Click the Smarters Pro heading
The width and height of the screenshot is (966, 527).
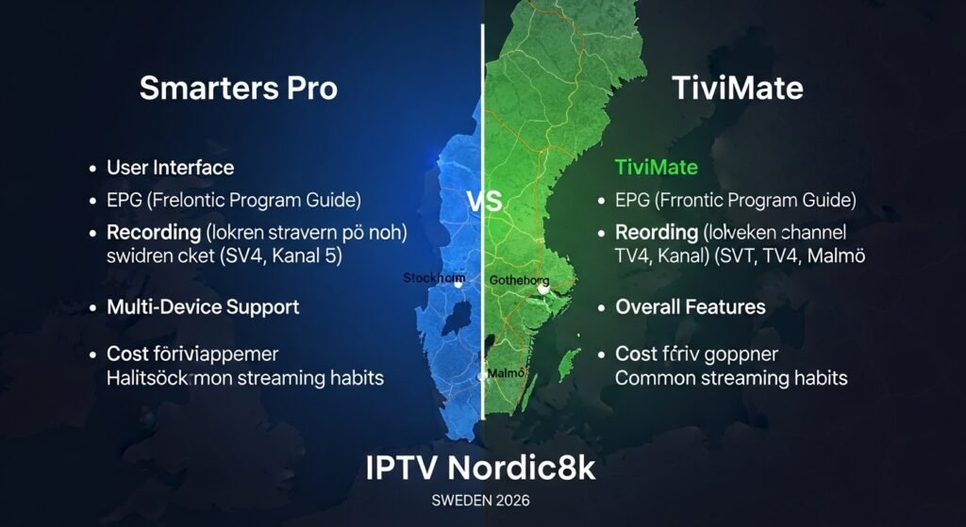click(238, 89)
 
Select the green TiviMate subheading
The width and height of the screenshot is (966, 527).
click(656, 168)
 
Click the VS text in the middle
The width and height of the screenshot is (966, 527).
click(484, 201)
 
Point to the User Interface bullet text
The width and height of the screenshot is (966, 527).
click(170, 168)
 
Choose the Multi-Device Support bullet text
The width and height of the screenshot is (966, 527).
click(203, 307)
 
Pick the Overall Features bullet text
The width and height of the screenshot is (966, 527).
click(691, 307)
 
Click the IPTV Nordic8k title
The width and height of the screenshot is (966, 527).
click(481, 469)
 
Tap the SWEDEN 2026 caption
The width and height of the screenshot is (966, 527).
click(482, 499)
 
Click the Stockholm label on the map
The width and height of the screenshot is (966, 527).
click(434, 278)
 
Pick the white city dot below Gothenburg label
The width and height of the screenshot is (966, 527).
click(543, 290)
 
